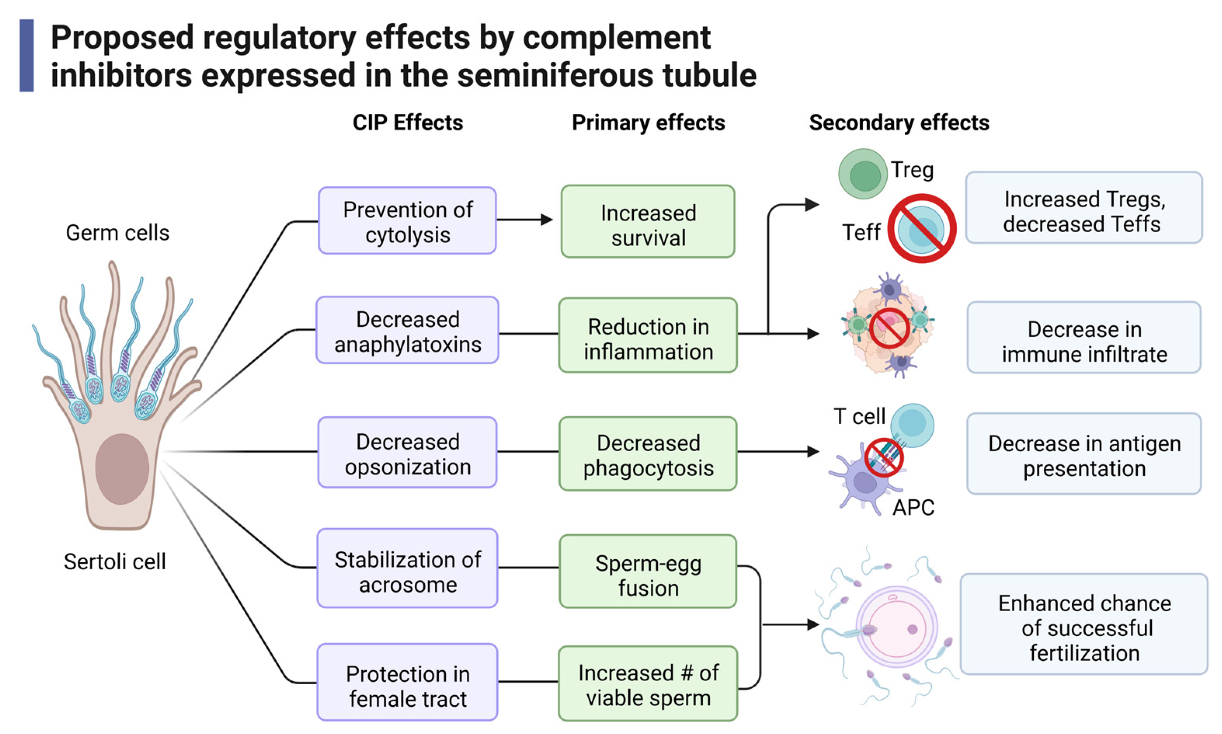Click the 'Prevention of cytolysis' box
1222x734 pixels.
tap(407, 221)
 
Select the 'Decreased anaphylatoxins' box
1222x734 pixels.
tap(407, 331)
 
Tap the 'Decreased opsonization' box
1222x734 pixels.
tap(407, 452)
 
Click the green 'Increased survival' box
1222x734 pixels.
tap(647, 222)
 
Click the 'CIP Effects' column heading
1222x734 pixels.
tap(407, 123)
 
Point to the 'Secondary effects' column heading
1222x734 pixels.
tap(899, 123)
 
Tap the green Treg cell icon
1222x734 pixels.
tap(862, 174)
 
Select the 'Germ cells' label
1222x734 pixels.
tap(117, 233)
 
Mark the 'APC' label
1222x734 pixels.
tap(913, 508)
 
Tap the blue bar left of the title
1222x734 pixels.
tap(27, 56)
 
